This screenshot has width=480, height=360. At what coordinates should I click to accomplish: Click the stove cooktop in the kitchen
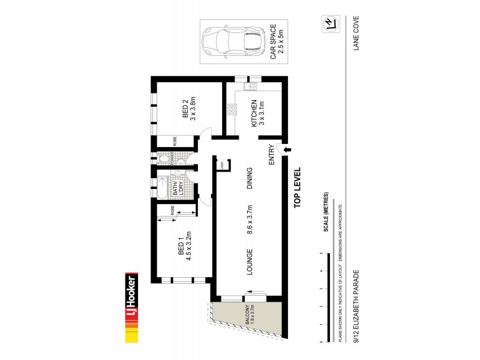click(x=232, y=109)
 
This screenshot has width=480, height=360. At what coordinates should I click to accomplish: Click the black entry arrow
click(x=286, y=149)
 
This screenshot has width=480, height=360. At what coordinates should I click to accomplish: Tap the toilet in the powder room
click(x=163, y=158)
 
